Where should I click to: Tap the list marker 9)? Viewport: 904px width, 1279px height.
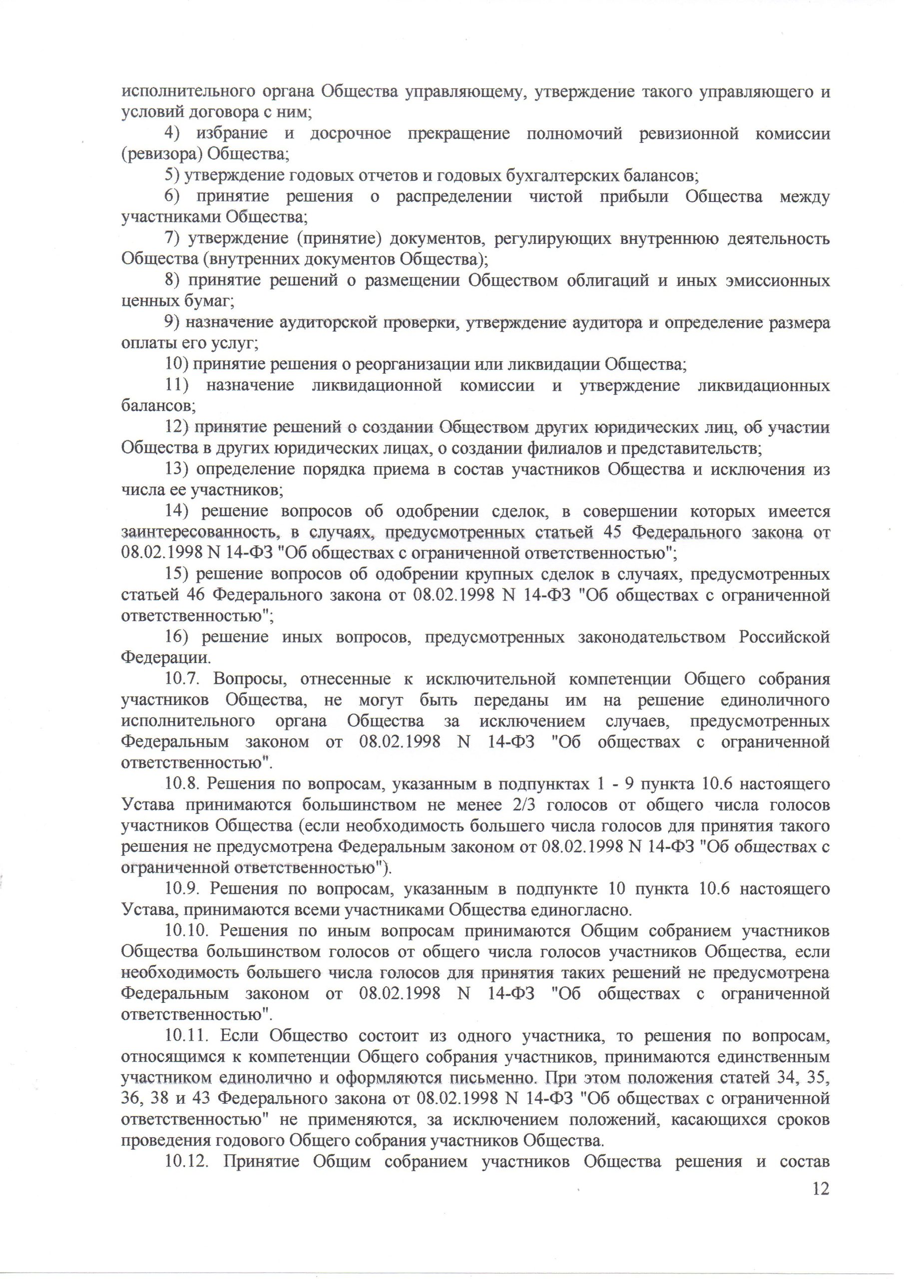tap(174, 323)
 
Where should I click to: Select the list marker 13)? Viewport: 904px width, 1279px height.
tap(178, 470)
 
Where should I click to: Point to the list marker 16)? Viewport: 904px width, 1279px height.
tap(178, 638)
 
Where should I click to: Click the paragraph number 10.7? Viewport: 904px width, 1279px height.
tap(186, 679)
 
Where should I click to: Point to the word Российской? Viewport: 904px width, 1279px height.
tap(784, 638)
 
